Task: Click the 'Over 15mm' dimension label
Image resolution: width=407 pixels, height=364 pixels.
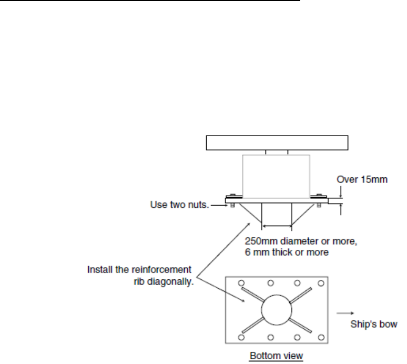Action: (363, 179)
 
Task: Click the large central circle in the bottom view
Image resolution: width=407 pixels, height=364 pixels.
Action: (277, 309)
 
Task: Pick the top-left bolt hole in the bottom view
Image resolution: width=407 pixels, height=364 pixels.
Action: (241, 283)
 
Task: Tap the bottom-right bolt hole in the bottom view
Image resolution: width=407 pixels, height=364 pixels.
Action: (321, 337)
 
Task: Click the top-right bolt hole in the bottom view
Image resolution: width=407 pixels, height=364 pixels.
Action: (321, 283)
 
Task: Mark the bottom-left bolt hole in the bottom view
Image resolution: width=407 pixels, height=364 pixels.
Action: (241, 337)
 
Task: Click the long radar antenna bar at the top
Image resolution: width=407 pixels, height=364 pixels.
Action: (277, 143)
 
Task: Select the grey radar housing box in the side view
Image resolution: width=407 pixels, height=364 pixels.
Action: (277, 175)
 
